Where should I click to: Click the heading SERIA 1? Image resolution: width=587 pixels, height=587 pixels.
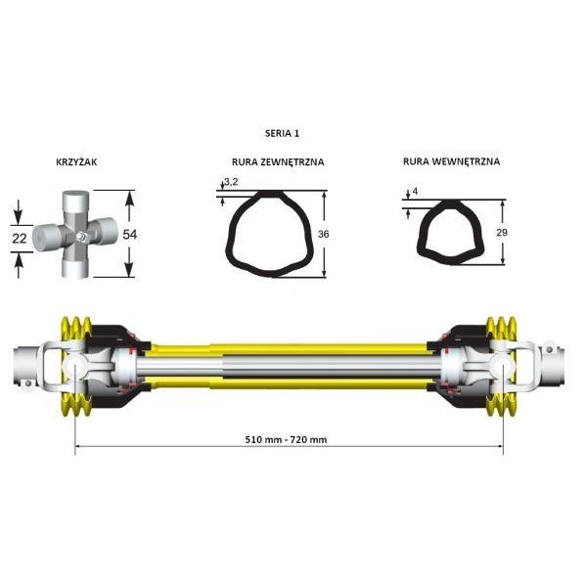pos(282,133)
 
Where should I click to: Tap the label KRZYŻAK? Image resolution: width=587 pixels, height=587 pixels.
pos(76,161)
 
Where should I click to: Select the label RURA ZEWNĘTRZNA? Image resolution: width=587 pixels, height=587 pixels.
pos(278,162)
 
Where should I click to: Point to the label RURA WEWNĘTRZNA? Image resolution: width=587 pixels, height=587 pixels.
pos(451,161)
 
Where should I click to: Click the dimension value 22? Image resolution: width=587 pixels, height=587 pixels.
pos(20,239)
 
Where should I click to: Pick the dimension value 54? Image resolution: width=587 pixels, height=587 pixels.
pos(129,235)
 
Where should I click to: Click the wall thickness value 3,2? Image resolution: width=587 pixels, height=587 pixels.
pos(231,182)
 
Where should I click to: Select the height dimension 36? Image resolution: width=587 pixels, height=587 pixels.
pos(323,235)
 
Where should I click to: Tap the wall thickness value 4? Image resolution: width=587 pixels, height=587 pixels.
pos(415,191)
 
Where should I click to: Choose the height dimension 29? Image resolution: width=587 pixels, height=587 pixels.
pos(501,233)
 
